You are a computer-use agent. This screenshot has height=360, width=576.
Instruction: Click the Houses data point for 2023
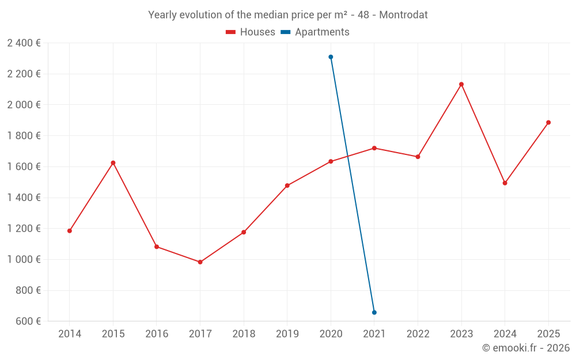(x=461, y=85)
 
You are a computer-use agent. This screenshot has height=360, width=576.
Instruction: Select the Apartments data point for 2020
(x=331, y=57)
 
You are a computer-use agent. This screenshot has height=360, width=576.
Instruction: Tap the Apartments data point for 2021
(x=374, y=312)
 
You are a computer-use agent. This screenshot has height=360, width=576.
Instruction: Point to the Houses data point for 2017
(x=200, y=262)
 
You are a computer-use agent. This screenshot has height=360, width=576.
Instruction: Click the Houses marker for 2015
(x=113, y=163)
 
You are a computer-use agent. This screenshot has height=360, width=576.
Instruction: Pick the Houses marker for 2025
(x=548, y=123)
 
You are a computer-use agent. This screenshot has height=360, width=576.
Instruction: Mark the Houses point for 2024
(x=505, y=183)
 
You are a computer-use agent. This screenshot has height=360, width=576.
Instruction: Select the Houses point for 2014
(x=70, y=231)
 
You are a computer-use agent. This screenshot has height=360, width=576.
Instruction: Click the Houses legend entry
(x=251, y=32)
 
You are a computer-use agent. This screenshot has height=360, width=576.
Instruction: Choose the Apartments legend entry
(x=315, y=32)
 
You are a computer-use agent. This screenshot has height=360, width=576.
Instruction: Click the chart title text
(x=288, y=15)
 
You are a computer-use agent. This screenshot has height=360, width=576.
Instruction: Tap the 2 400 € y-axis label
(x=24, y=43)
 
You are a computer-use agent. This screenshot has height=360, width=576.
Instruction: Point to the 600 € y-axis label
(x=27, y=321)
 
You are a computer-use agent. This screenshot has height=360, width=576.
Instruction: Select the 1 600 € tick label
(x=24, y=166)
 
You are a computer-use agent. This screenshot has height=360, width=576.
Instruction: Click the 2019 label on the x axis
(x=287, y=334)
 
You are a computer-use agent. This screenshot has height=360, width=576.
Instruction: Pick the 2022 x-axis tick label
(x=418, y=334)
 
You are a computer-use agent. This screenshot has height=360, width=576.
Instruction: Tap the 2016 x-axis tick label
(x=157, y=334)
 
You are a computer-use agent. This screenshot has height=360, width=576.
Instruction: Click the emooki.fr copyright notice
(x=525, y=348)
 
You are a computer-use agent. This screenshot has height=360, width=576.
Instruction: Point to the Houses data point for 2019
(x=287, y=185)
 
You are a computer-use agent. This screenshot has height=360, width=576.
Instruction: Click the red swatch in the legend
(x=230, y=32)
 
